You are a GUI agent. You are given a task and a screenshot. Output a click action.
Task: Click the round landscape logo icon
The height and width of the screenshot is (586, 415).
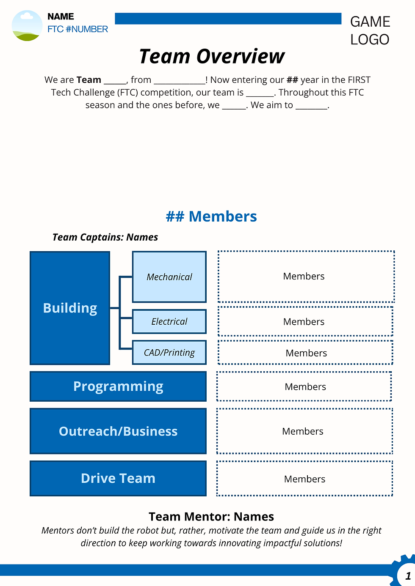[x=27, y=26]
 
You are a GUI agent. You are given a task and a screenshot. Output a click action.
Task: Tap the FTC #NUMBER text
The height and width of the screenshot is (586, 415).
[x=77, y=29]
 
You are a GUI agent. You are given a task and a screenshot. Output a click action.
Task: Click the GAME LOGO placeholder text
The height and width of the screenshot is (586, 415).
[x=370, y=30]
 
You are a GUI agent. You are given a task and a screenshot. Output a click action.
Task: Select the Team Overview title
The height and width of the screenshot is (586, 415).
[x=212, y=56]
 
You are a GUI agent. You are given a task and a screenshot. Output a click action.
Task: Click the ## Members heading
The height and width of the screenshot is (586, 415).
[x=211, y=216]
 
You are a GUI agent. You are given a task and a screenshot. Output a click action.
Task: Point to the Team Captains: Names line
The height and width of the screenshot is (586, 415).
[x=105, y=237]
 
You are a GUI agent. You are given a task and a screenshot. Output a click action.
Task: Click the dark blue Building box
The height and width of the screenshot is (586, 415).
[x=70, y=308]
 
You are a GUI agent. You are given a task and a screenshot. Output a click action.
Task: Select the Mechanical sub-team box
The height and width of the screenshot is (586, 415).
[x=169, y=277]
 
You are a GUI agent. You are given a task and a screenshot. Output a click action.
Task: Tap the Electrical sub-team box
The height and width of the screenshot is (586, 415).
[x=169, y=322]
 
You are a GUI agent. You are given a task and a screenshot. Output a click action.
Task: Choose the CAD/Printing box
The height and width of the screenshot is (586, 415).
[x=169, y=353]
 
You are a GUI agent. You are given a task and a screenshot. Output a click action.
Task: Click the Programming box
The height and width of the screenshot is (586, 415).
[x=118, y=386]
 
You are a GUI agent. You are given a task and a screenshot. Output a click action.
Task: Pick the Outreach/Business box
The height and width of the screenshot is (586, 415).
[x=118, y=431]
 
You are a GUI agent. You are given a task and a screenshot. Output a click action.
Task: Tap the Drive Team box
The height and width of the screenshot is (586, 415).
[x=118, y=478]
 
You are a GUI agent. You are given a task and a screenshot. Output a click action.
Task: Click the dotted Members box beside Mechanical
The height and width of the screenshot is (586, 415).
[x=306, y=277]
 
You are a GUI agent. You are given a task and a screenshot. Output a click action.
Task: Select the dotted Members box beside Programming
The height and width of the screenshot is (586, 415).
[x=304, y=386]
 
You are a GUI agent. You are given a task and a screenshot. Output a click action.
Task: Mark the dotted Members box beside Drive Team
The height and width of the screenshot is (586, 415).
[x=305, y=479]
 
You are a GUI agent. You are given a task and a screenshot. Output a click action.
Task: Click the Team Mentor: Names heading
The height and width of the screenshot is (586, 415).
[x=211, y=517]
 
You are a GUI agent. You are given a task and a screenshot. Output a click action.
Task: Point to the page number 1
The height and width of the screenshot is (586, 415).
[x=408, y=576]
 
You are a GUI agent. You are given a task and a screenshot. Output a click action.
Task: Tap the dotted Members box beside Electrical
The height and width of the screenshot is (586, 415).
[x=305, y=322]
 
